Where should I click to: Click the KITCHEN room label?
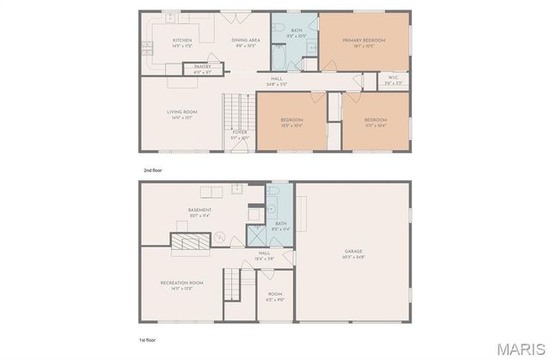tap(182, 40)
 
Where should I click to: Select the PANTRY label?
tap(202, 67)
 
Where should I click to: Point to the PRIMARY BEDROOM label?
tap(364, 40)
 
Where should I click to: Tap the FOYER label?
tap(240, 132)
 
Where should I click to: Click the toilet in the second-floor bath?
tap(280, 31)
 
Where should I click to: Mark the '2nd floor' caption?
tap(152, 170)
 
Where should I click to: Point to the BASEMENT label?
tap(199, 211)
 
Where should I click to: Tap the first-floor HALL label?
tap(265, 253)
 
